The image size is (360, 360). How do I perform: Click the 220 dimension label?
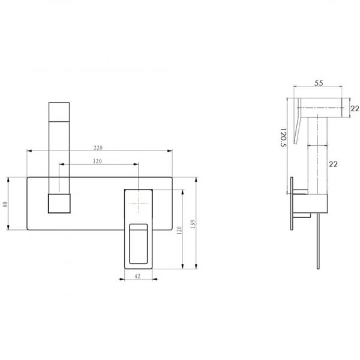click(98, 148)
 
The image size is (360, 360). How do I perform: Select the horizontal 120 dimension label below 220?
click(97, 161)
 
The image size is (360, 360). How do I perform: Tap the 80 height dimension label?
click(5, 204)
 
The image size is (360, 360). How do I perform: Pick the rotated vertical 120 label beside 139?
click(179, 230)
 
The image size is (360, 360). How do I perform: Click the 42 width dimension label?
click(137, 276)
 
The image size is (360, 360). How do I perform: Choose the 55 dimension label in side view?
click(319, 83)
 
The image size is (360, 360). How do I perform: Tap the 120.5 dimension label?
click(284, 137)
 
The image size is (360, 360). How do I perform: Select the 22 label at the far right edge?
click(355, 109)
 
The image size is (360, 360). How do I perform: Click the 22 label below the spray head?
click(334, 164)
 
